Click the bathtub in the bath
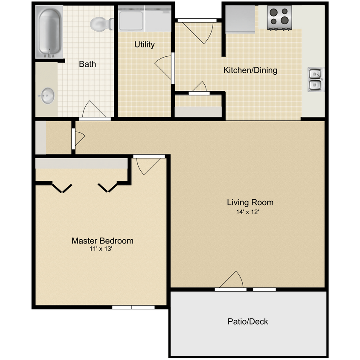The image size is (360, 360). [x=50, y=32]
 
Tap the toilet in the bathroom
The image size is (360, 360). [x=100, y=24]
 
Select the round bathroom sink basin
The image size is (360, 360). [x=47, y=96]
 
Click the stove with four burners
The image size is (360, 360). [x=279, y=17]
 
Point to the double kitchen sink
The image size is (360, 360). [x=315, y=80]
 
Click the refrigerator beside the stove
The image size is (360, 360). [x=240, y=19]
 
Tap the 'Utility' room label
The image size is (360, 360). [x=145, y=44]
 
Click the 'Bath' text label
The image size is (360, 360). [x=87, y=64]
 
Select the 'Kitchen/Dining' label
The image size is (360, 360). [x=250, y=70]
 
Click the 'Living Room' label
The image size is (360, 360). [x=250, y=202]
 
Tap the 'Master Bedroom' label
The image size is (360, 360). [x=102, y=241]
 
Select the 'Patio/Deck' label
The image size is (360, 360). [x=248, y=322]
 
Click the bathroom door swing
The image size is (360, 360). [x=93, y=110]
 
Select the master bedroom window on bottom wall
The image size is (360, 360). [x=134, y=307]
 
